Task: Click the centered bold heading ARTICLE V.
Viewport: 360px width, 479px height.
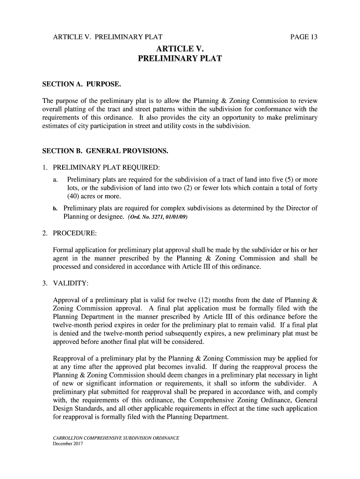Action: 180,49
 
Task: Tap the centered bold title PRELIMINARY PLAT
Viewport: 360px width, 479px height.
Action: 180,59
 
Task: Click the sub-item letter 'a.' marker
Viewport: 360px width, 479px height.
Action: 56,180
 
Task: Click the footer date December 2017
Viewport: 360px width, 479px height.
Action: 68,443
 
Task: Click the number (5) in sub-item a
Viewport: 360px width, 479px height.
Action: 284,180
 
